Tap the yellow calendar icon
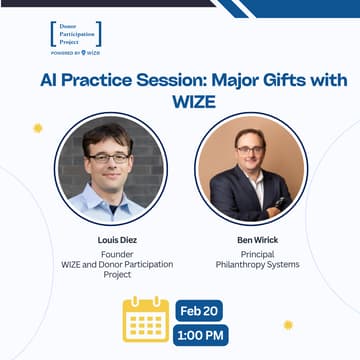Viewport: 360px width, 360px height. [146, 319]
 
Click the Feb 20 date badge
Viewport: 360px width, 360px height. [201, 310]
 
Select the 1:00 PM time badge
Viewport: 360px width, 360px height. [201, 334]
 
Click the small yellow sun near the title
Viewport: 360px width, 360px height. [39, 128]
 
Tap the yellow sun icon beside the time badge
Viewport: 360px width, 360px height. [287, 325]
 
